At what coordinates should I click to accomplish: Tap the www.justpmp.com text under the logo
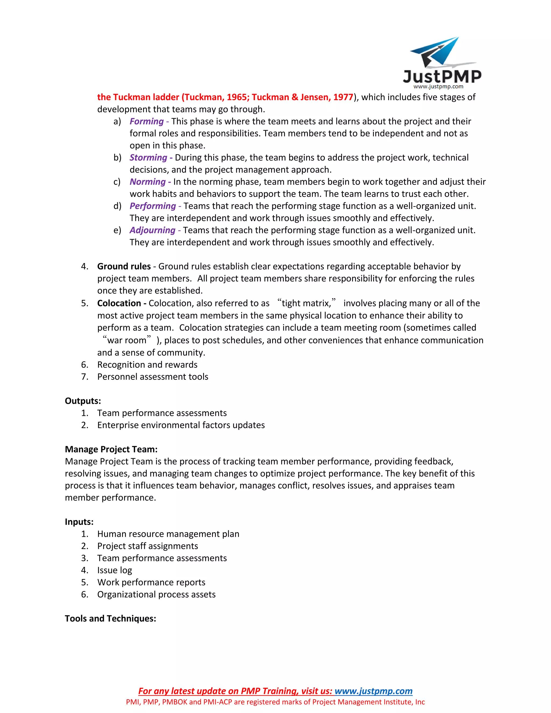pyautogui.click(x=438, y=87)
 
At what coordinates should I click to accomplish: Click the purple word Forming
pyautogui.click(x=147, y=121)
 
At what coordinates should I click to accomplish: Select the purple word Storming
pyautogui.click(x=148, y=157)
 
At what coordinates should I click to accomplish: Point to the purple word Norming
pyautogui.click(x=147, y=182)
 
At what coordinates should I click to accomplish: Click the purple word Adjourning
pyautogui.click(x=153, y=230)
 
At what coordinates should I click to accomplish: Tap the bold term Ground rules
pyautogui.click(x=124, y=266)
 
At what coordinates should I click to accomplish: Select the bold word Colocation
pyautogui.click(x=119, y=303)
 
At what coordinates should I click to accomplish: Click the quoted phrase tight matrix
pyautogui.click(x=306, y=303)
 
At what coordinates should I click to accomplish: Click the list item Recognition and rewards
pyautogui.click(x=147, y=365)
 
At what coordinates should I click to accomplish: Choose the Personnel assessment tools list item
pyautogui.click(x=153, y=377)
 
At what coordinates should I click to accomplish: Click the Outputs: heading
pyautogui.click(x=83, y=401)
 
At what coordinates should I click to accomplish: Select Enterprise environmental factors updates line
pyautogui.click(x=181, y=425)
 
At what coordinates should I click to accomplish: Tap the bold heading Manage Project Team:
pyautogui.click(x=111, y=449)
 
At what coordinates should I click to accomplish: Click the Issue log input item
pyautogui.click(x=115, y=570)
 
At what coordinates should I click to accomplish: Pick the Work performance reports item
pyautogui.click(x=151, y=583)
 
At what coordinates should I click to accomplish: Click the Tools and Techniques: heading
pyautogui.click(x=110, y=619)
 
